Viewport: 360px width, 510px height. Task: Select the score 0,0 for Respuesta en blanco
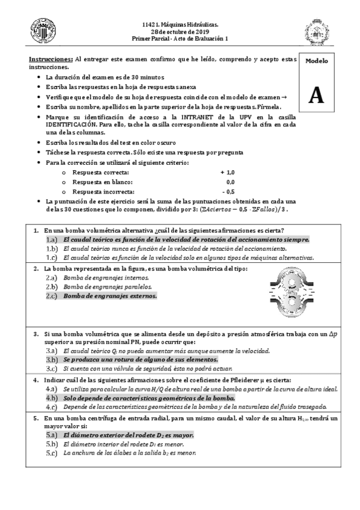230,182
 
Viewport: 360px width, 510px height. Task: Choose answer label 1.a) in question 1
51,239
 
